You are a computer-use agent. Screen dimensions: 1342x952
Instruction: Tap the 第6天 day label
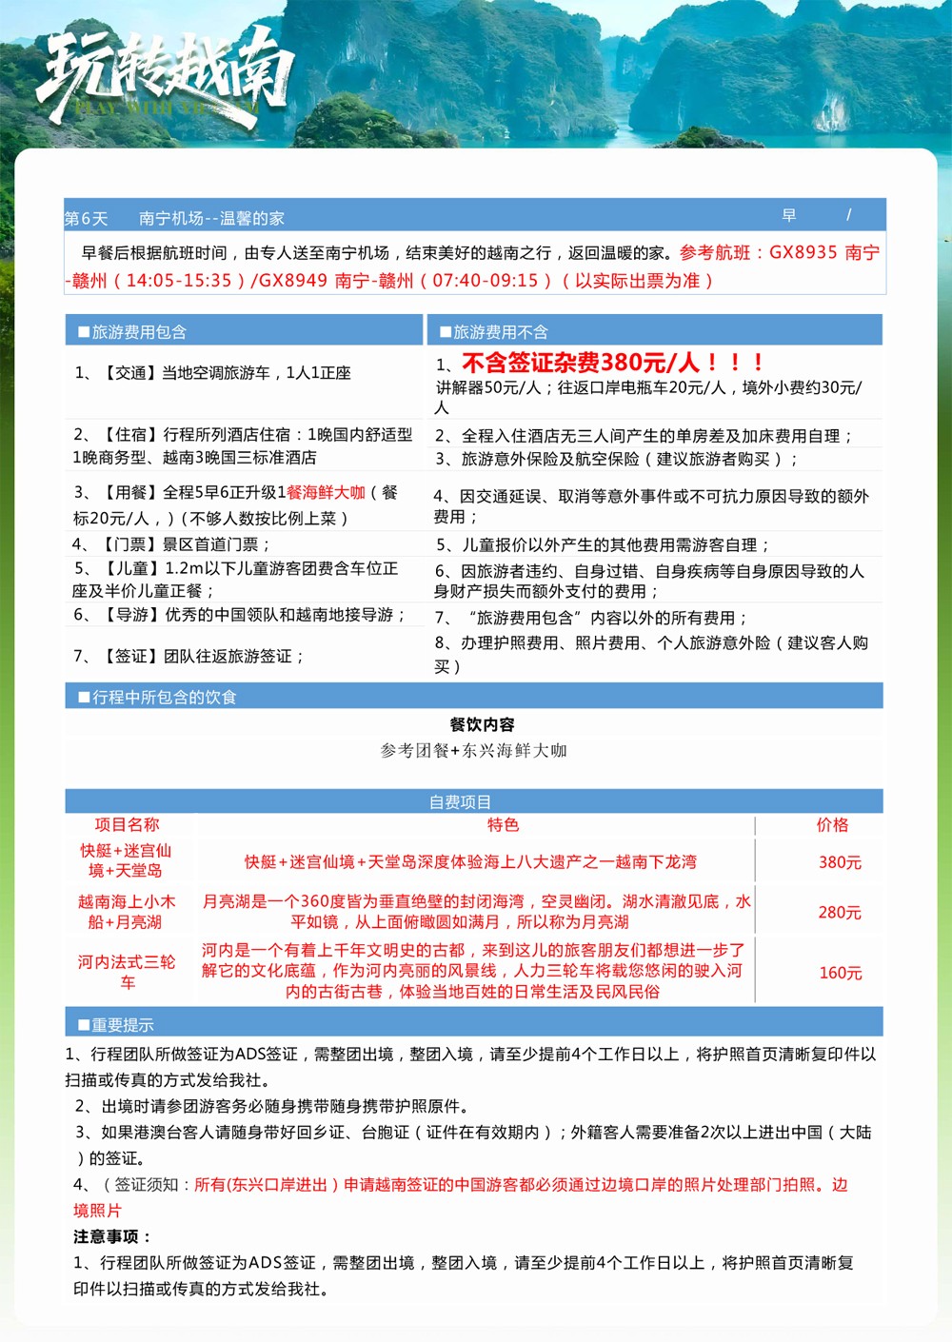pyautogui.click(x=86, y=219)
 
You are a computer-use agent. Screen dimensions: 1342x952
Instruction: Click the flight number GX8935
pyautogui.click(x=803, y=253)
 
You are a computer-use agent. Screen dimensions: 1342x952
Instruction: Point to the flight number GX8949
pyautogui.click(x=292, y=281)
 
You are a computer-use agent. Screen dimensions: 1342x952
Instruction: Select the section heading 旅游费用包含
pyautogui.click(x=139, y=332)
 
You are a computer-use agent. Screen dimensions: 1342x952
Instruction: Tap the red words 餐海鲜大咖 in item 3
pyautogui.click(x=326, y=493)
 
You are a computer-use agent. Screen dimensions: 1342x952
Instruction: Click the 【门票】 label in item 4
pyautogui.click(x=129, y=544)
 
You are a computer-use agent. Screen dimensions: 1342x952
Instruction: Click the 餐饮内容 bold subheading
pyautogui.click(x=483, y=724)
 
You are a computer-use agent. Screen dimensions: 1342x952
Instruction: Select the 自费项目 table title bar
pyautogui.click(x=460, y=801)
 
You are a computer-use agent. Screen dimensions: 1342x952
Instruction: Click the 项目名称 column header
pyautogui.click(x=127, y=825)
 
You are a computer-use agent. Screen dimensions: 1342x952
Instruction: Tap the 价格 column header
pyautogui.click(x=832, y=825)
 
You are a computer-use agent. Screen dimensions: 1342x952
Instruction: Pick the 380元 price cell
pyautogui.click(x=840, y=862)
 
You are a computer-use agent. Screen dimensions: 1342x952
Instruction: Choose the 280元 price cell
pyautogui.click(x=840, y=913)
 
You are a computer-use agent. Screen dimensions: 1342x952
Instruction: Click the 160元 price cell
pyautogui.click(x=840, y=973)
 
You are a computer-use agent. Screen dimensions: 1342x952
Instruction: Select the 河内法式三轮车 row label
pyautogui.click(x=127, y=972)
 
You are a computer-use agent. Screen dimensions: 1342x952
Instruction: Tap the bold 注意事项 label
pyautogui.click(x=112, y=1236)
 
